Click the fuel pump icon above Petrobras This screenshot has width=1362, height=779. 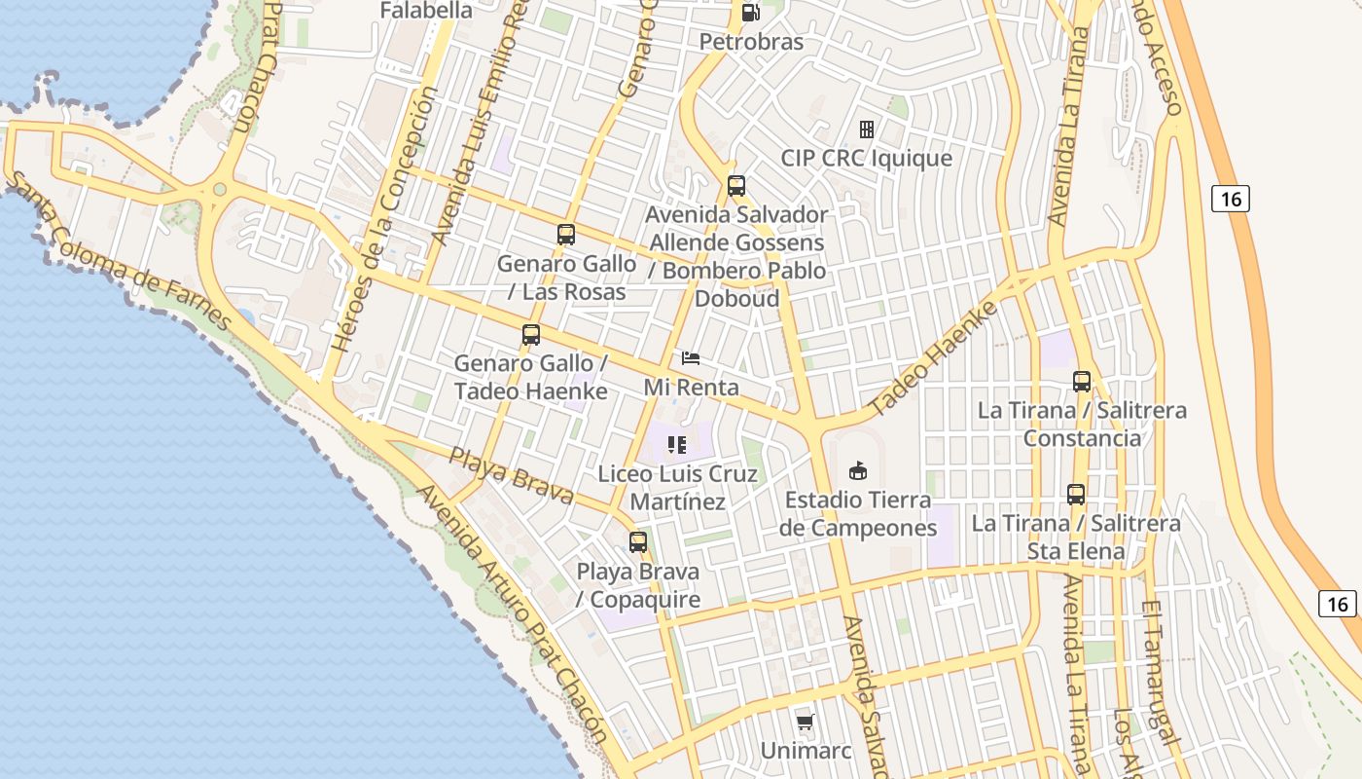click(x=750, y=13)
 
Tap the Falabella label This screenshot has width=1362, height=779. click(x=425, y=11)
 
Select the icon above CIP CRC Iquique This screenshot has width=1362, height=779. click(x=866, y=130)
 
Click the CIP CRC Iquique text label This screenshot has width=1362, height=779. click(x=866, y=158)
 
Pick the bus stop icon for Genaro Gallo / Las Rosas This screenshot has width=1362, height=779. click(x=566, y=235)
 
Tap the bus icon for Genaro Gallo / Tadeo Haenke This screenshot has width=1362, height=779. click(x=530, y=335)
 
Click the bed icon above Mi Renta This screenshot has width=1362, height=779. click(x=691, y=358)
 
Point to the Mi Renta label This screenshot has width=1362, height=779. click(x=691, y=387)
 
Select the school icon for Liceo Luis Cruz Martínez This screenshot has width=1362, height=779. click(x=677, y=446)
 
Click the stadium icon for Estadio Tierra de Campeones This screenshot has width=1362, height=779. click(x=858, y=471)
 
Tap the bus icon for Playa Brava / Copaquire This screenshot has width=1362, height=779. click(x=638, y=542)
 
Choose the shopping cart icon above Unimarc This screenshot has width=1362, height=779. click(x=805, y=722)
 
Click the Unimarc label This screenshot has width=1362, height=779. click(x=806, y=751)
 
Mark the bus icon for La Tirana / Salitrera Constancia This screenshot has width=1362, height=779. click(x=1081, y=382)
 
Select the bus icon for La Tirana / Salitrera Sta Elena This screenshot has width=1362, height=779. click(x=1075, y=495)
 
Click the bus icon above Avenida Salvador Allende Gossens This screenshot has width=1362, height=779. click(x=736, y=186)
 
